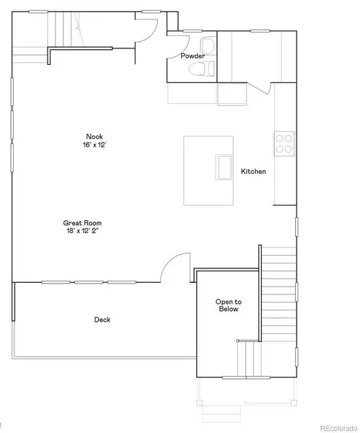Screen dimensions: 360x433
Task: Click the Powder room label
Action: pyautogui.click(x=193, y=56)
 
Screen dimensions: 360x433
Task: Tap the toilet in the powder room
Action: pyautogui.click(x=201, y=69)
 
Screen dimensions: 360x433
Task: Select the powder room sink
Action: pyautogui.click(x=208, y=45)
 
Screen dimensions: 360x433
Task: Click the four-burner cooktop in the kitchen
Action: pyautogui.click(x=284, y=144)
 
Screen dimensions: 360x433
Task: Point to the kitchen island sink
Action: pyautogui.click(x=224, y=167)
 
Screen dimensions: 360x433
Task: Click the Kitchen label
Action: pyautogui.click(x=253, y=172)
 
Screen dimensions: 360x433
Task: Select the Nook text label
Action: pyautogui.click(x=95, y=136)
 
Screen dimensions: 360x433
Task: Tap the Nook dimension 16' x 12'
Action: pyautogui.click(x=95, y=145)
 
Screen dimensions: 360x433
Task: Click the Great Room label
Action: pyautogui.click(x=82, y=223)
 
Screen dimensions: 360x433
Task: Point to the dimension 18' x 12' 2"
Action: pyautogui.click(x=82, y=231)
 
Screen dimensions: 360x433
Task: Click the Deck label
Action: pyautogui.click(x=102, y=320)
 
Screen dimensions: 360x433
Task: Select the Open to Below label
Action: pyautogui.click(x=229, y=305)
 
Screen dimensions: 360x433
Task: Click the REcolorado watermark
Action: pyautogui.click(x=339, y=428)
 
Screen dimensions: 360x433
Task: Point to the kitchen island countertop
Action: pyautogui.click(x=208, y=170)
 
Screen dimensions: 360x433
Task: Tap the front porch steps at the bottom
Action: pyautogui.click(x=221, y=414)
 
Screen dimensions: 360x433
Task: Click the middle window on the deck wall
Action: pyautogui.click(x=89, y=282)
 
